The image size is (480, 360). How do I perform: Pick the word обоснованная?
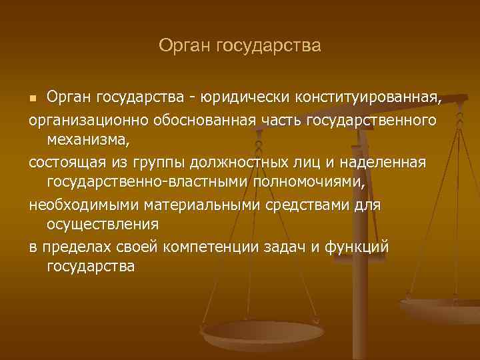pos(205,120)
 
